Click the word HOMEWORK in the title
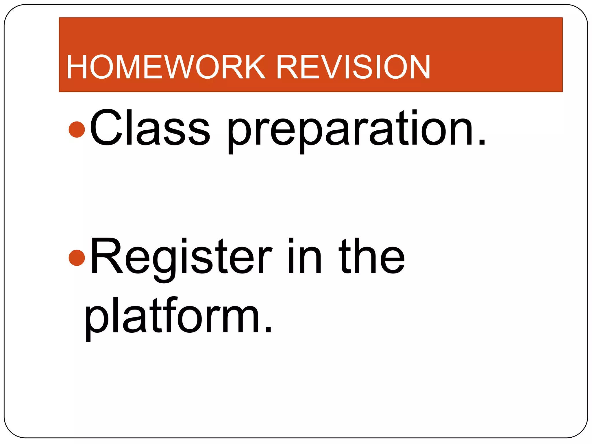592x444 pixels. point(166,67)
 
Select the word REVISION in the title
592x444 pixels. point(353,67)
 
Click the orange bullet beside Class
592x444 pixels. point(77,129)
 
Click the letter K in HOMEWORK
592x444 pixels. point(253,67)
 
